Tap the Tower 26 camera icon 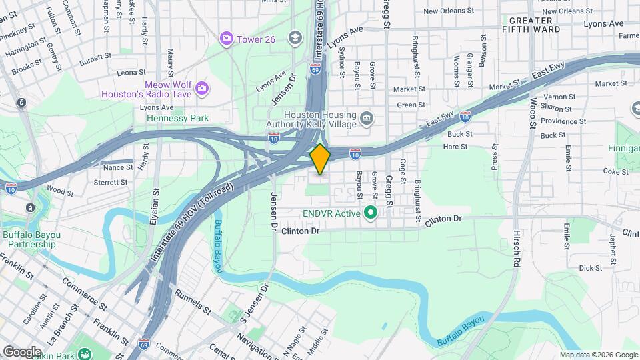click(x=227, y=39)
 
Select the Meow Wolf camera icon click(x=201, y=87)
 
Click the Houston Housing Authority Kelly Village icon click(x=366, y=119)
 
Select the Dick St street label click(x=590, y=267)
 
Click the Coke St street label click(x=611, y=171)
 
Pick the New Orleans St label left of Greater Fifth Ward click(x=448, y=11)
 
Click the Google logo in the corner click(x=22, y=351)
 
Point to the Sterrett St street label click(x=111, y=181)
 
